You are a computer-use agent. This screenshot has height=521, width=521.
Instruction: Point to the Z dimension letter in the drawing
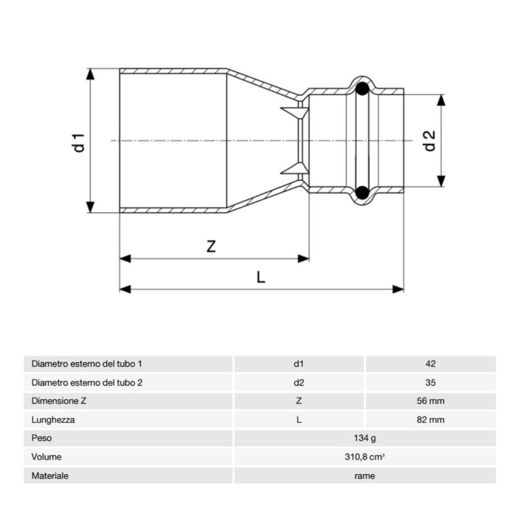(x=211, y=246)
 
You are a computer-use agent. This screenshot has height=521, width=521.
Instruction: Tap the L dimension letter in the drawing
(x=260, y=277)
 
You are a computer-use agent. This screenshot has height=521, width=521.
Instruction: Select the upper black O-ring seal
(x=363, y=89)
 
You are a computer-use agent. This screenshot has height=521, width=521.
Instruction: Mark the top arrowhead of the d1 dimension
(x=91, y=74)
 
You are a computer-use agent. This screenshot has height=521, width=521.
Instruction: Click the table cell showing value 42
(x=430, y=363)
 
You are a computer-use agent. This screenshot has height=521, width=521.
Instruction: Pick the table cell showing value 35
(x=430, y=382)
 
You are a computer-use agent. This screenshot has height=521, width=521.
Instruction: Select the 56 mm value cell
(x=430, y=401)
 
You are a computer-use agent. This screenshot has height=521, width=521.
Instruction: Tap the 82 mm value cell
(x=430, y=420)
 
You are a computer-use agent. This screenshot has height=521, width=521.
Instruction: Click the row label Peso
(x=42, y=438)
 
